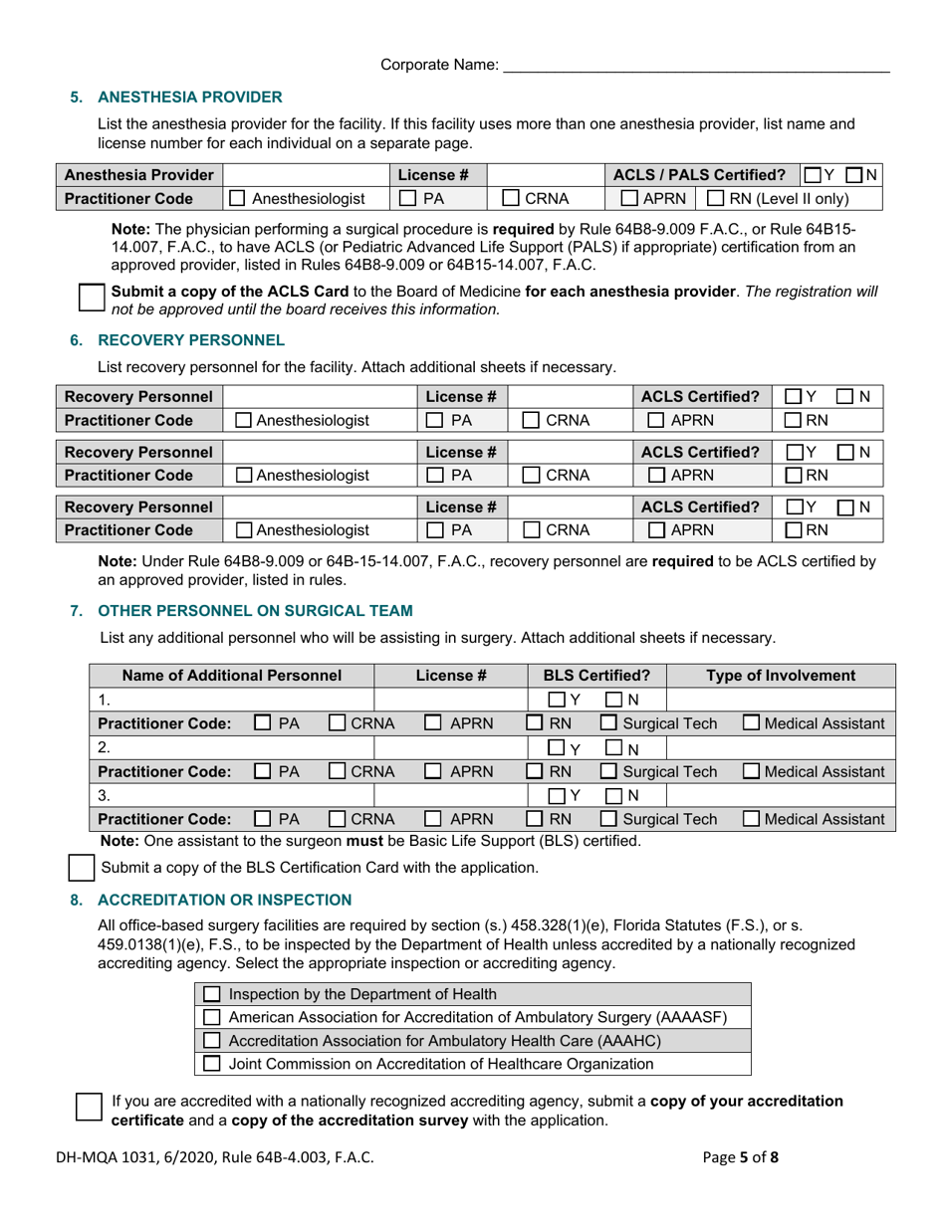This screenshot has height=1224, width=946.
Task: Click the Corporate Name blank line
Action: (x=695, y=66)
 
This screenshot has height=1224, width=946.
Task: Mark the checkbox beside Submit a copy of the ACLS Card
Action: (x=91, y=299)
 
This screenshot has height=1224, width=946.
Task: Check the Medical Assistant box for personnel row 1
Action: (x=753, y=723)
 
